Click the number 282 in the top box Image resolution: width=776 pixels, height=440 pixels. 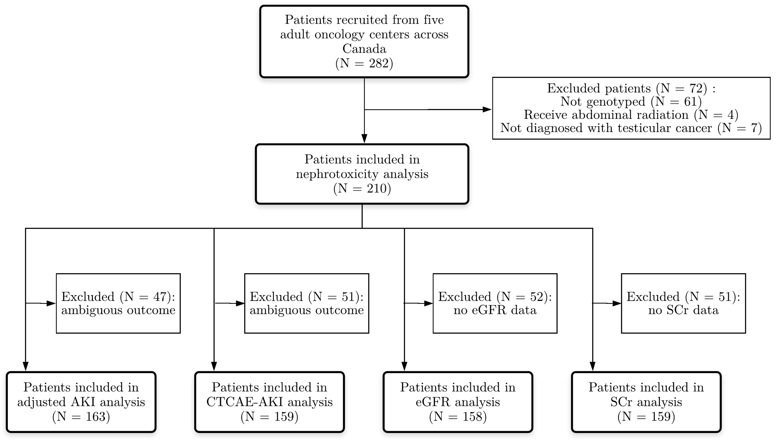[x=378, y=63]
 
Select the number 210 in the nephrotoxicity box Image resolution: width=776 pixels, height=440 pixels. [x=377, y=188]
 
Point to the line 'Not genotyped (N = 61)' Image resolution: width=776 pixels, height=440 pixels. [x=631, y=102]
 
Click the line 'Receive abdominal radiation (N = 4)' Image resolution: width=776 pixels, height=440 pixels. [x=631, y=115]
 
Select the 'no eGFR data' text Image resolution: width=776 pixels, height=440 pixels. [x=495, y=310]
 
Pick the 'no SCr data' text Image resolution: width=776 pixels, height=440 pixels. [x=683, y=310]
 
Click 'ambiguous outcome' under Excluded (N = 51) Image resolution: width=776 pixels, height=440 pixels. [x=306, y=310]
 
